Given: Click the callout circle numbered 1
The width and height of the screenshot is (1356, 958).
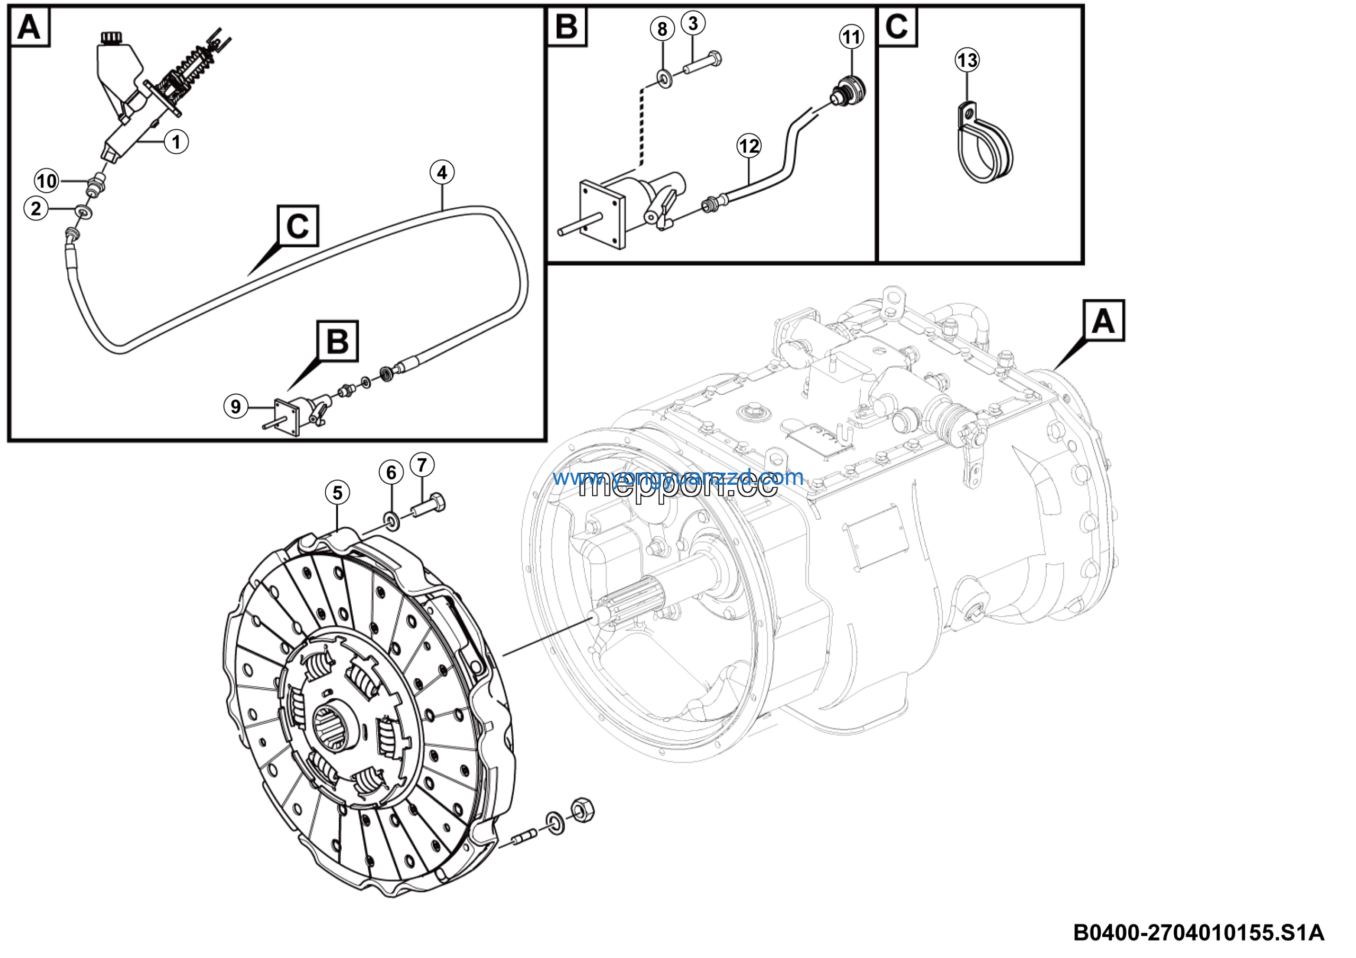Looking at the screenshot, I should click(176, 142).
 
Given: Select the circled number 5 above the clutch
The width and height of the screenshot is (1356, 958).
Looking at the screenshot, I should click(337, 492).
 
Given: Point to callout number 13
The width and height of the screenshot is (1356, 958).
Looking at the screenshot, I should click(967, 60).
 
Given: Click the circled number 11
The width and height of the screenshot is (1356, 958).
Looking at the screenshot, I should click(851, 37).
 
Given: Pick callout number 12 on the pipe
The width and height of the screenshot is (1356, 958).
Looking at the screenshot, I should click(749, 145).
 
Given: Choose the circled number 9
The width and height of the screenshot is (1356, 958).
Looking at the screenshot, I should click(236, 406).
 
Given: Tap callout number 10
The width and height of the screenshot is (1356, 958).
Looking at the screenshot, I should click(47, 181).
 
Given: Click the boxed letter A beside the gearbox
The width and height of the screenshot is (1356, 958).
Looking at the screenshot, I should click(1103, 321).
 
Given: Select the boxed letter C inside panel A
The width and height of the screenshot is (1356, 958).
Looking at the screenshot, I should click(298, 226).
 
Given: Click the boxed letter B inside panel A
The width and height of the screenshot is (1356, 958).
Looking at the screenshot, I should click(337, 341).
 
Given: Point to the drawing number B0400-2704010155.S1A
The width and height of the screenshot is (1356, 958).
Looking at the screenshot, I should click(1198, 933).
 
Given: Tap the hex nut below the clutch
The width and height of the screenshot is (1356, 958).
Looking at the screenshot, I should click(582, 810).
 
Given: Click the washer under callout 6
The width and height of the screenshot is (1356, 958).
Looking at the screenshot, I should click(391, 520).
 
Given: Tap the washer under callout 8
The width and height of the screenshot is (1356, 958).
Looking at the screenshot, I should click(664, 77).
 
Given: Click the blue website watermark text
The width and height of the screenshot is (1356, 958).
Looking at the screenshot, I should click(678, 477).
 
